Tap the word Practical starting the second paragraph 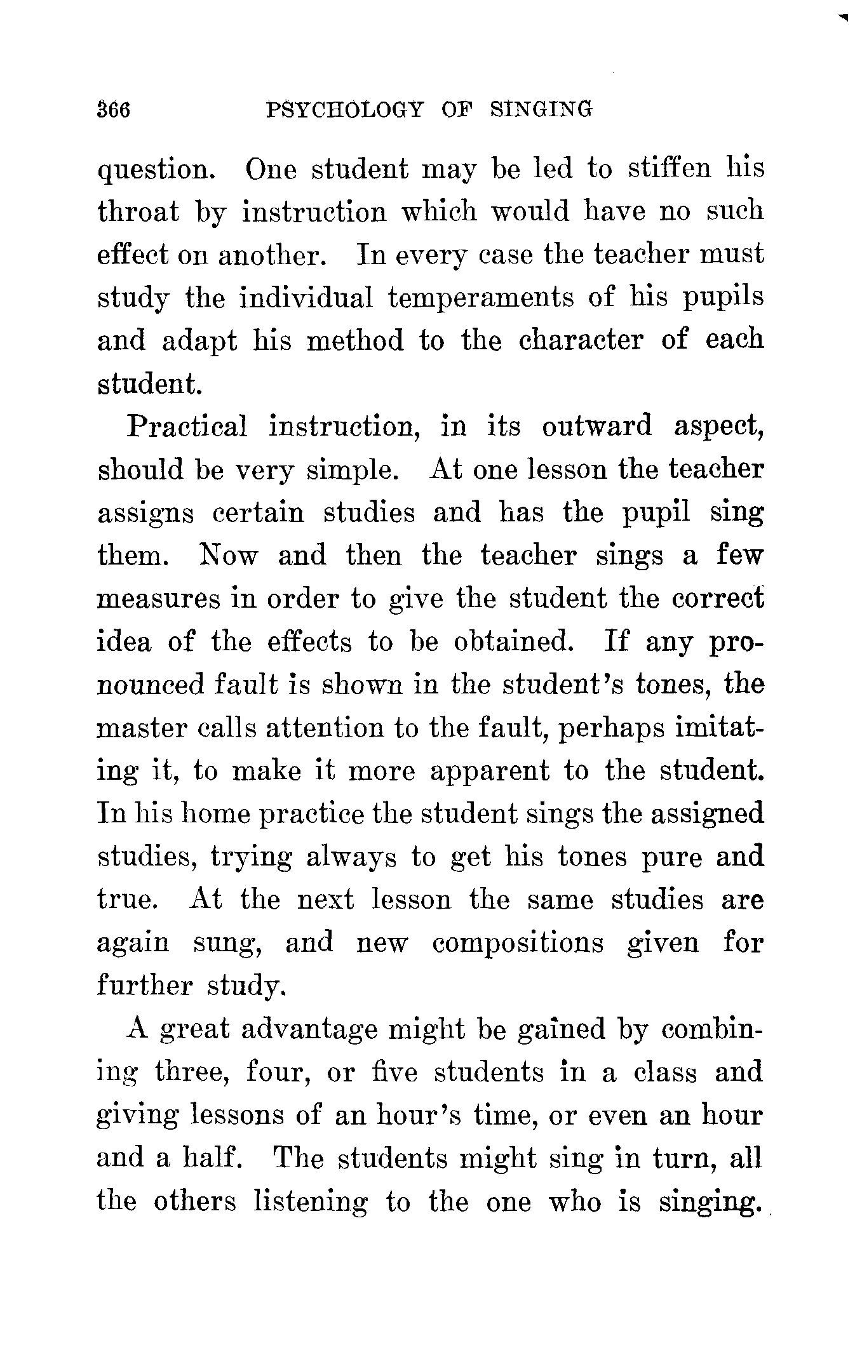pyautogui.click(x=187, y=426)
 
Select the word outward pyautogui.click(x=596, y=426)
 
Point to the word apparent pyautogui.click(x=489, y=772)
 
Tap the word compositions pyautogui.click(x=518, y=943)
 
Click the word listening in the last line pyautogui.click(x=310, y=1201)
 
